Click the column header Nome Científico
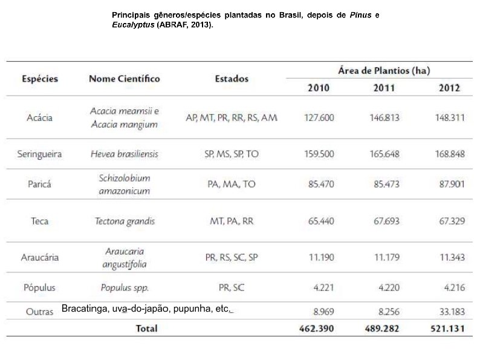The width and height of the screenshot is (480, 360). (x=124, y=79)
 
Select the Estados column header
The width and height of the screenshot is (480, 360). (x=232, y=79)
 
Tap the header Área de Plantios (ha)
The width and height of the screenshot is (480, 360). (x=384, y=71)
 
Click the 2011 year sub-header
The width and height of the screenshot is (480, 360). (x=384, y=88)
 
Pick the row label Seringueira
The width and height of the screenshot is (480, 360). (x=39, y=154)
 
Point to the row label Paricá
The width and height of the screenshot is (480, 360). (x=39, y=184)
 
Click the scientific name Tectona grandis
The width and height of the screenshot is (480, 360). (x=125, y=221)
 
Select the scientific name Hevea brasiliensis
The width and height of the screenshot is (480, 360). (x=125, y=154)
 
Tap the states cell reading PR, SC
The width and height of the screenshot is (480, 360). (x=232, y=287)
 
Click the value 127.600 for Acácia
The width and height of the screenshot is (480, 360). (x=319, y=117)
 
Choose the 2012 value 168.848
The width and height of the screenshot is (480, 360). (x=450, y=154)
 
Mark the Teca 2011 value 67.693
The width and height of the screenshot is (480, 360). (x=386, y=221)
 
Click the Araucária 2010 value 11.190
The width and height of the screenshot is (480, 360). (x=321, y=257)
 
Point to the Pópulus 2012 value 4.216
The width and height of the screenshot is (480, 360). (x=454, y=287)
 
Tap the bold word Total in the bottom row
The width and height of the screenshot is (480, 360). (x=147, y=328)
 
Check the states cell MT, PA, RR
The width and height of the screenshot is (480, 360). (x=232, y=221)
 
